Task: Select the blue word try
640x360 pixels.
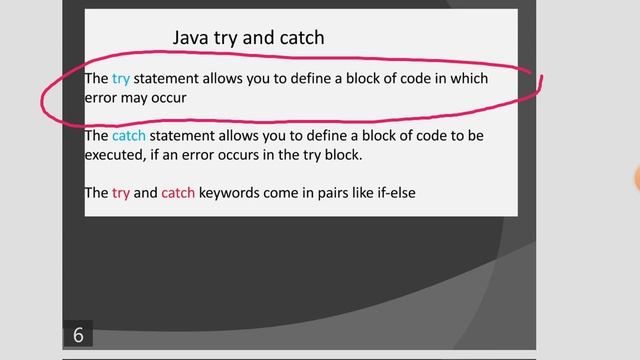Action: pyautogui.click(x=121, y=78)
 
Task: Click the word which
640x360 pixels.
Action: pyautogui.click(x=467, y=78)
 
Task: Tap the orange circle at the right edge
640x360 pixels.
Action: pyautogui.click(x=636, y=178)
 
